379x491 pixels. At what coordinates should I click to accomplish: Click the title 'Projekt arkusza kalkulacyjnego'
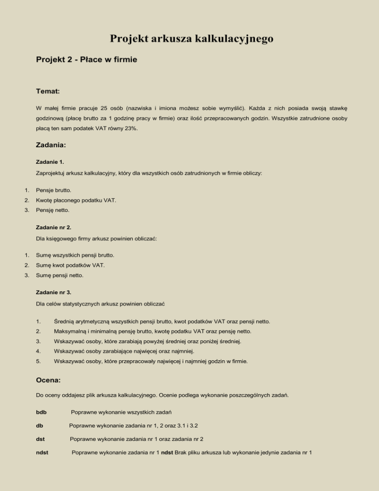(191, 39)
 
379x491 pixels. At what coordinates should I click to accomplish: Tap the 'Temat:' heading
(48, 91)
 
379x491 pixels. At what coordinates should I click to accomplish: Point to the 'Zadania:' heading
(52, 146)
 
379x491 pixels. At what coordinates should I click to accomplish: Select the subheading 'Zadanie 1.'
(50, 162)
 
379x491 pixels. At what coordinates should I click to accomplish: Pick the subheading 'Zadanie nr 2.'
(53, 229)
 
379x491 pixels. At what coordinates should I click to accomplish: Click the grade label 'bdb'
(42, 411)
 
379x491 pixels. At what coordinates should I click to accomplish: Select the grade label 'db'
(40, 425)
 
